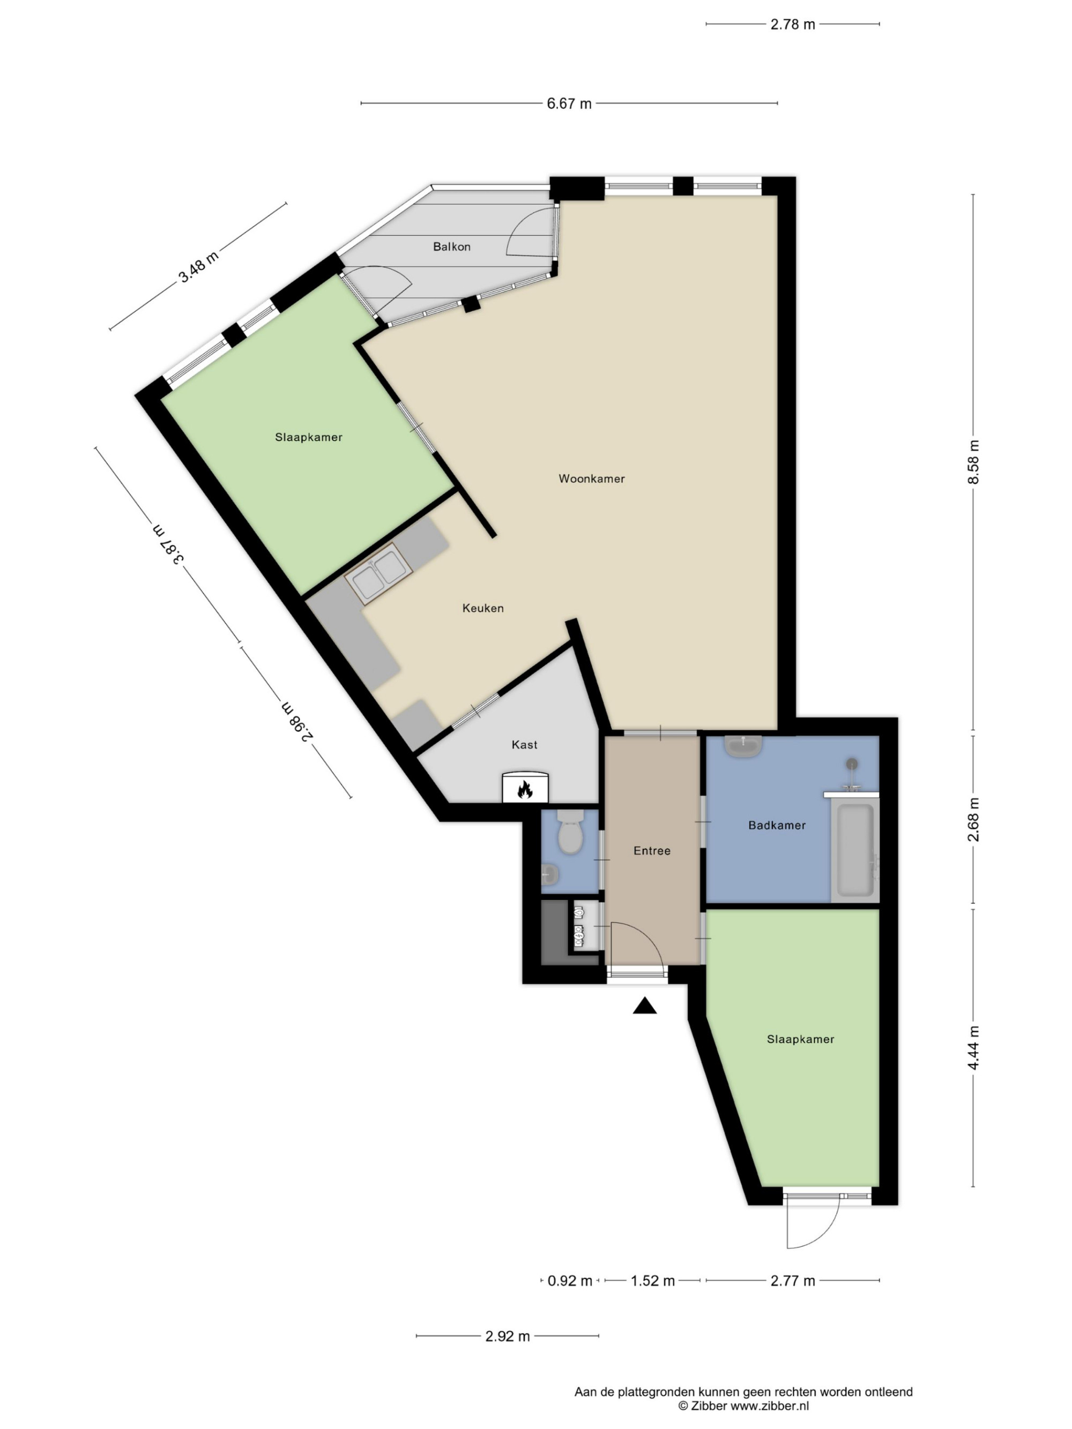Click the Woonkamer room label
591,478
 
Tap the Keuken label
483,608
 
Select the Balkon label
452,247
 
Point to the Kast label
524,745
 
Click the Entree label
652,851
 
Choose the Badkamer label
777,825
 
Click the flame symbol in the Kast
525,789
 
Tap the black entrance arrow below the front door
644,1005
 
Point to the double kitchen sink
378,574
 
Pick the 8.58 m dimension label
973,461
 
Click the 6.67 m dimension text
569,103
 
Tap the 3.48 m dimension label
199,266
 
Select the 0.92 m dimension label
569,1281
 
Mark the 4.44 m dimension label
973,1048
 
